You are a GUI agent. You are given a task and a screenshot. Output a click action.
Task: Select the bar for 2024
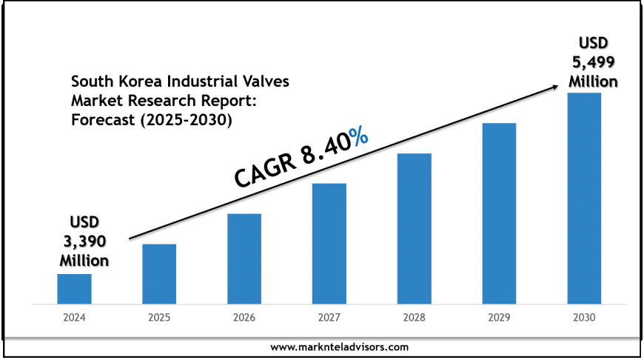pos(74,289)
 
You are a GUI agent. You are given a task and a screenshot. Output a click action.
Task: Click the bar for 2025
pos(159,274)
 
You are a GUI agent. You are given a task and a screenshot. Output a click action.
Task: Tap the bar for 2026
pos(244,259)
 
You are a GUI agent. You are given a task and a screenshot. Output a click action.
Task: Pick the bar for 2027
pos(329,244)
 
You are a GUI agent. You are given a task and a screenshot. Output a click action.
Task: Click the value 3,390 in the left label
pos(84,241)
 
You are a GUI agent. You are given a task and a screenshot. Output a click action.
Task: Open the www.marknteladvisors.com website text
pos(339,347)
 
